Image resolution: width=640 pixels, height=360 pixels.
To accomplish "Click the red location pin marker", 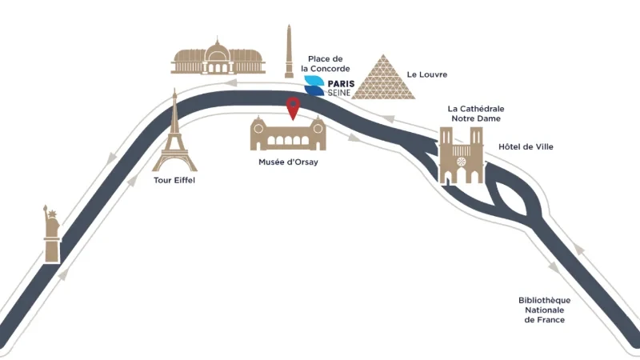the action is (293, 108).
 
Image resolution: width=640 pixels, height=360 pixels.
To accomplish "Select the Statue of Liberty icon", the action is (52, 234).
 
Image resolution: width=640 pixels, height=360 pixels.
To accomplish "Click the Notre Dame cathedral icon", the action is (462, 155).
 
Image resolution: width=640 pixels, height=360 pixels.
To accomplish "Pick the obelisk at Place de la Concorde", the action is (289, 51).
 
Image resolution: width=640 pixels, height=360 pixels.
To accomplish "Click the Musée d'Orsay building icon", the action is (288, 133).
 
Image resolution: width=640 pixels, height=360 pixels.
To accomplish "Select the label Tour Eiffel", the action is (174, 180).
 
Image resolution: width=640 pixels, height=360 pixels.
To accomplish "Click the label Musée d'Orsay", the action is (288, 162).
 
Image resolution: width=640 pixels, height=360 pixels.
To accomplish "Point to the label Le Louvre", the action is (427, 74).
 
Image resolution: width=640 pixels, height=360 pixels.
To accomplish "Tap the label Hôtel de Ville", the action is (526, 146).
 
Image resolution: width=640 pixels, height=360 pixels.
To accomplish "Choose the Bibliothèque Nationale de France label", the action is (545, 310).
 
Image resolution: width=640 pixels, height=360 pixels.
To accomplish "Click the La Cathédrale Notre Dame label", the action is (476, 114).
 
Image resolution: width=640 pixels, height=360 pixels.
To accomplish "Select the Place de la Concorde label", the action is (326, 64).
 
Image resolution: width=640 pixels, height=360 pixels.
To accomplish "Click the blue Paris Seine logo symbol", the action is (314, 86).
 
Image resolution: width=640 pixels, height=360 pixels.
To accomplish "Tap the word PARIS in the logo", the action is (342, 84).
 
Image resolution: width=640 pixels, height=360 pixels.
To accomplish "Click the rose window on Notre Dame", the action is (462, 162).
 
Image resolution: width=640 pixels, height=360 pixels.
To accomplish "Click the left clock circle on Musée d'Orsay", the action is (258, 129).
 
